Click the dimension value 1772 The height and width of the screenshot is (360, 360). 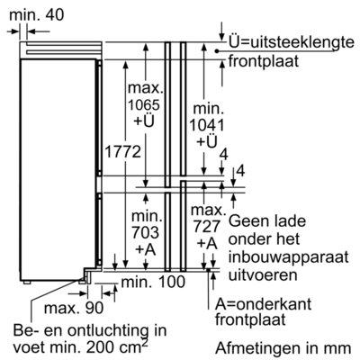click(122, 151)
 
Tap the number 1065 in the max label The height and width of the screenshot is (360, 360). click(144, 104)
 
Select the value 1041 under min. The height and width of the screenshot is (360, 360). click(207, 125)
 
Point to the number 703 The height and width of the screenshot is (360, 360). click(146, 232)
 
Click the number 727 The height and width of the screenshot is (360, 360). click(207, 227)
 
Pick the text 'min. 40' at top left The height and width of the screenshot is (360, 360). click(37, 15)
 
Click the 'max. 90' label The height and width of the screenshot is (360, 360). click(74, 308)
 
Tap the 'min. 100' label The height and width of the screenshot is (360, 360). click(153, 282)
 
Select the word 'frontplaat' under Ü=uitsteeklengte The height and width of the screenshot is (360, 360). click(264, 61)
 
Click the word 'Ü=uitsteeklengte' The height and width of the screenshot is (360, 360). click(292, 42)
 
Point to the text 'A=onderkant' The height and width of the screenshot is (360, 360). click(263, 304)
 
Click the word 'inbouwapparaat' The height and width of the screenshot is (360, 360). click(289, 258)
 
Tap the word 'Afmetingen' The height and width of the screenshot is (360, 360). click(259, 348)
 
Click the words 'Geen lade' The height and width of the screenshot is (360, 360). click(267, 221)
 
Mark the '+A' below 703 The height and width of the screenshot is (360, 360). click(146, 249)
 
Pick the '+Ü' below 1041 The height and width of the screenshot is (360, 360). click(207, 142)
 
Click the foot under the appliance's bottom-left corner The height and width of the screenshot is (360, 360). click(26, 282)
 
